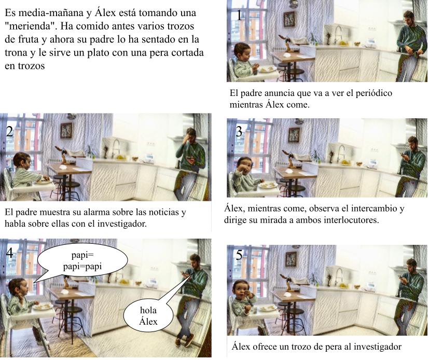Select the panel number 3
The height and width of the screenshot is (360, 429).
[x=239, y=132]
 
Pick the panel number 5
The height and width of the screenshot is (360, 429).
[x=239, y=255]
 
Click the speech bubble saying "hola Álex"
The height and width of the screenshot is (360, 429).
[x=148, y=315]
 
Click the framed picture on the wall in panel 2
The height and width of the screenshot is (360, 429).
[x=66, y=130]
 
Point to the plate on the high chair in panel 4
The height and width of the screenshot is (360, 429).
[x=43, y=307]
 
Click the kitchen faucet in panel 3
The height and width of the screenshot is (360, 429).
[x=340, y=151]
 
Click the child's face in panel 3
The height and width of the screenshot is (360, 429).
[x=245, y=166]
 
